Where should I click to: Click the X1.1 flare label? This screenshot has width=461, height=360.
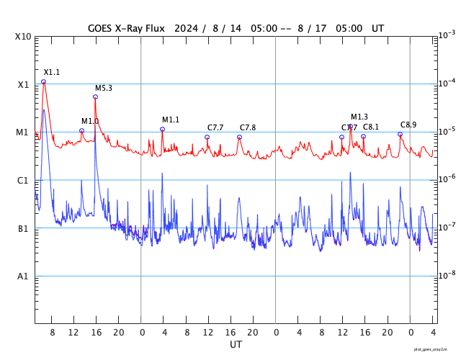pyautogui.click(x=52, y=72)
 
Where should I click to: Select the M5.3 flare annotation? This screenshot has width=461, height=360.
pyautogui.click(x=104, y=88)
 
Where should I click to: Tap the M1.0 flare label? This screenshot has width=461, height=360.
pyautogui.click(x=90, y=121)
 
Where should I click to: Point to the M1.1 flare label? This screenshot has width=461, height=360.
pyautogui.click(x=171, y=120)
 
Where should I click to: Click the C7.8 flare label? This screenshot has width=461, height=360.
pyautogui.click(x=248, y=127)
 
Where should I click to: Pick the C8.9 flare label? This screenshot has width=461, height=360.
pyautogui.click(x=408, y=125)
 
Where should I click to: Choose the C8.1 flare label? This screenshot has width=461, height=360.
pyautogui.click(x=371, y=127)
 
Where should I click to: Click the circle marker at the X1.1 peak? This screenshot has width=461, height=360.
pyautogui.click(x=43, y=82)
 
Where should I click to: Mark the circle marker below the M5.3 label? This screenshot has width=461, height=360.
pyautogui.click(x=95, y=96)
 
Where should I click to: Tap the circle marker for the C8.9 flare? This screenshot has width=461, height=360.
pyautogui.click(x=400, y=134)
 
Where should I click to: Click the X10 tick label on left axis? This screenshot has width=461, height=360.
pyautogui.click(x=23, y=37)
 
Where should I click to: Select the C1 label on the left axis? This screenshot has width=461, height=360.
pyautogui.click(x=23, y=180)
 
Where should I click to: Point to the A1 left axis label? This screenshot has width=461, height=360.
pyautogui.click(x=23, y=276)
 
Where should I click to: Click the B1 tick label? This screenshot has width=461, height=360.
pyautogui.click(x=23, y=228)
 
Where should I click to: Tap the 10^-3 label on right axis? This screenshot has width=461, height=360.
pyautogui.click(x=447, y=35)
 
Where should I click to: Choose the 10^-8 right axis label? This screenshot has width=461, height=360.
pyautogui.click(x=447, y=275)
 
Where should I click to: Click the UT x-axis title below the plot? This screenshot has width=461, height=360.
pyautogui.click(x=236, y=345)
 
